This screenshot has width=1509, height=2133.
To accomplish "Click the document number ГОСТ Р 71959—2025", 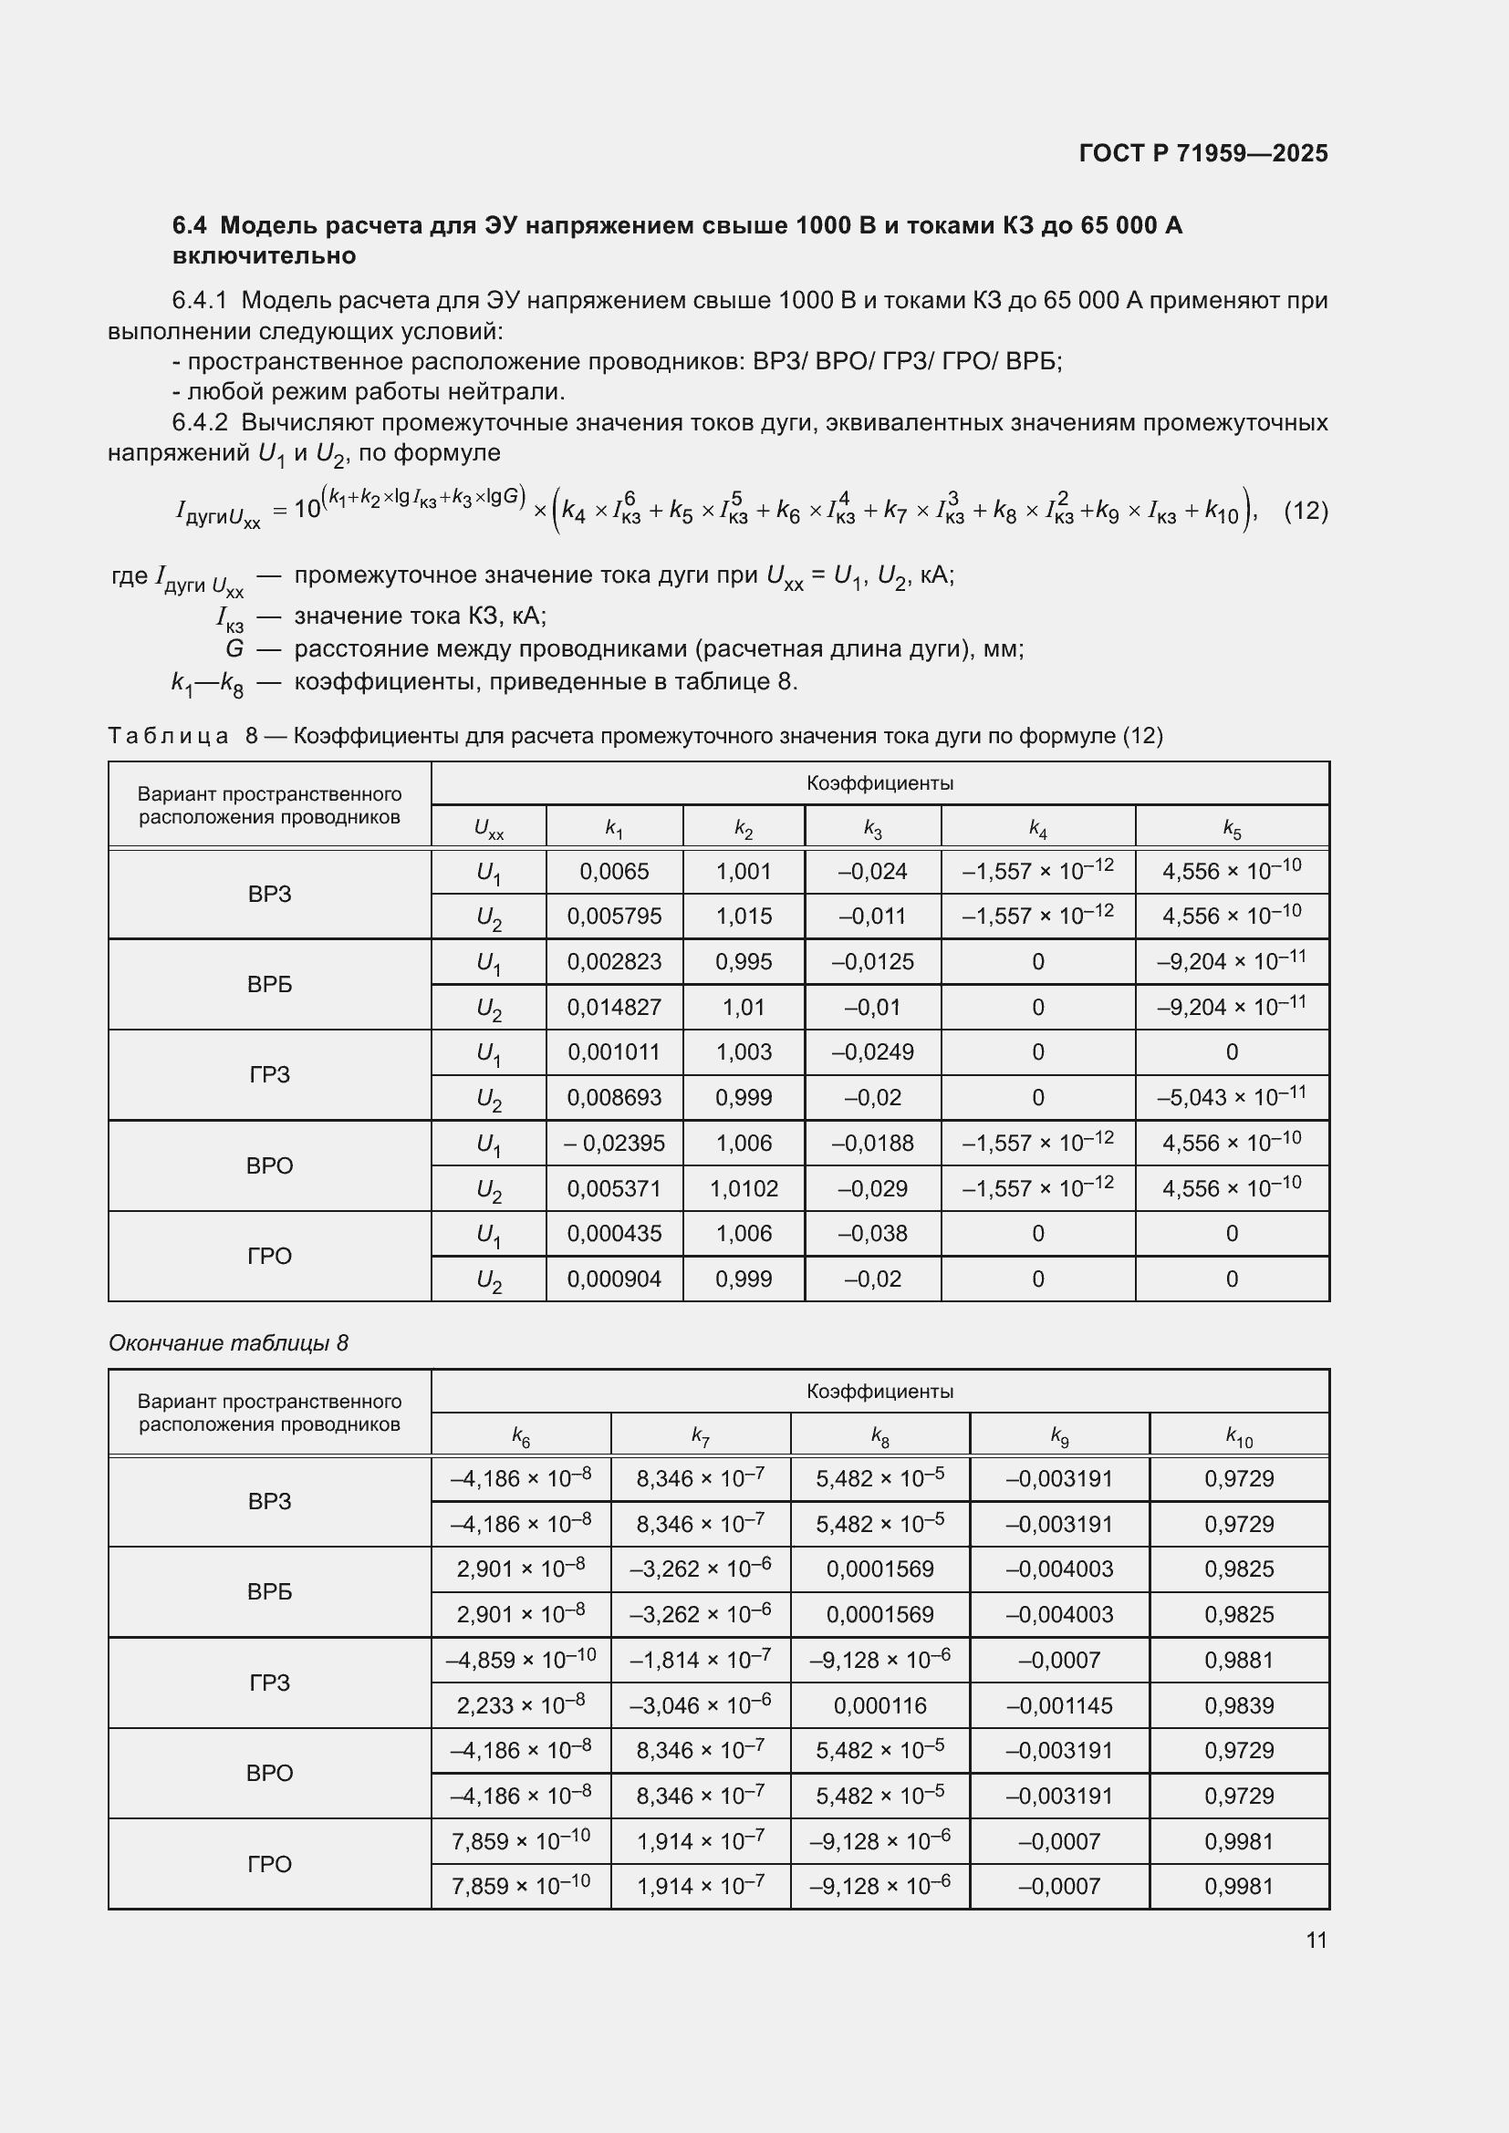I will (1203, 153).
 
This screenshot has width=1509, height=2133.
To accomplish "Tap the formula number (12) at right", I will (1305, 510).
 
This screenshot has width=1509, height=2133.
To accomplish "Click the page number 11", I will (1316, 1940).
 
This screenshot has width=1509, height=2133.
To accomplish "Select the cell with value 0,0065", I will (614, 872).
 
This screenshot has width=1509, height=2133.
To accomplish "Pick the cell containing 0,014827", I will (614, 1007).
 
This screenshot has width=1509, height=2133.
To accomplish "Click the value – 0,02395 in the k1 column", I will (614, 1143).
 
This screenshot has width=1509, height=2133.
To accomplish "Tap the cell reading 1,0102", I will (744, 1188).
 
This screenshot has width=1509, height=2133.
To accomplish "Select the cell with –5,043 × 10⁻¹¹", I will (1231, 1097).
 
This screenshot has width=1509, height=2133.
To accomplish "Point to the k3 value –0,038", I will (871, 1234).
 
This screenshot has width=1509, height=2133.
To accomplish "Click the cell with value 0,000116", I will (879, 1705).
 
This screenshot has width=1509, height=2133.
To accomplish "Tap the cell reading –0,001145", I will (1059, 1705).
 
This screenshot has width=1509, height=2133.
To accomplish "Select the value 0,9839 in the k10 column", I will (1239, 1705).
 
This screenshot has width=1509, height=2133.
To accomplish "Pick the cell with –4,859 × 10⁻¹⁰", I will (520, 1660).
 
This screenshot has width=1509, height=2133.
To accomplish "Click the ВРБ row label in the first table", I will (269, 985).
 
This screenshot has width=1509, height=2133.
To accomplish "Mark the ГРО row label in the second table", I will (269, 1864).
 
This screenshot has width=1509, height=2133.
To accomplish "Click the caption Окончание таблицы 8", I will (228, 1342).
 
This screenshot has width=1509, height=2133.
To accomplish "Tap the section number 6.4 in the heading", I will (191, 226).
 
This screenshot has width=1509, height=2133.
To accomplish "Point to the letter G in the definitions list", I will (234, 648).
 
